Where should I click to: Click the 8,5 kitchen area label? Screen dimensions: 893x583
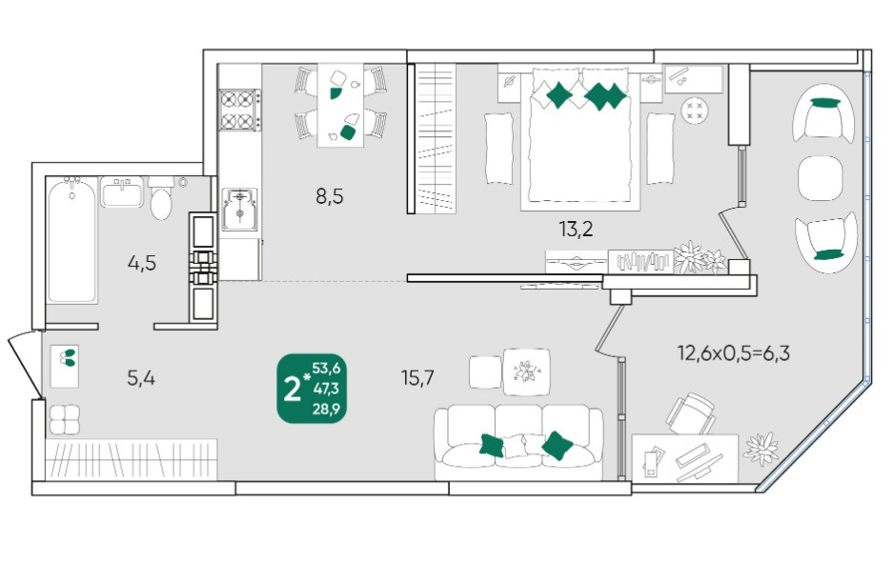[x=330, y=197]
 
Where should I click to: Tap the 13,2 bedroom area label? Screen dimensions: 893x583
[x=576, y=229]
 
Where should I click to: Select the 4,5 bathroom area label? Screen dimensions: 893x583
[x=142, y=263]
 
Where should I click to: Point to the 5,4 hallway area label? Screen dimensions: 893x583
[x=141, y=377]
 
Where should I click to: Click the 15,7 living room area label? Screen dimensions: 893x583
[x=417, y=377]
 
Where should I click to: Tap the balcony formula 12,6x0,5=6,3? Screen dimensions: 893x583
[x=733, y=353]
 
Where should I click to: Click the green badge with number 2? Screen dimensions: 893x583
[x=312, y=389]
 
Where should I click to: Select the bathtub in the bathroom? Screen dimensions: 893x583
[x=71, y=240]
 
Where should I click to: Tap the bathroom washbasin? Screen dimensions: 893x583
[x=122, y=191]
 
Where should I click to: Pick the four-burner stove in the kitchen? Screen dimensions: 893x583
[x=240, y=110]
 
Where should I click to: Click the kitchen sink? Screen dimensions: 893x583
[x=240, y=209]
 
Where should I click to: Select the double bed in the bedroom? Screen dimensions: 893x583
[x=579, y=135]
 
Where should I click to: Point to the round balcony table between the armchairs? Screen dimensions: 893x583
[x=821, y=177]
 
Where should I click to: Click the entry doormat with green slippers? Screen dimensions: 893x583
[x=65, y=366]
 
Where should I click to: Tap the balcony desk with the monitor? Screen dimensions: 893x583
[x=685, y=459]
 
